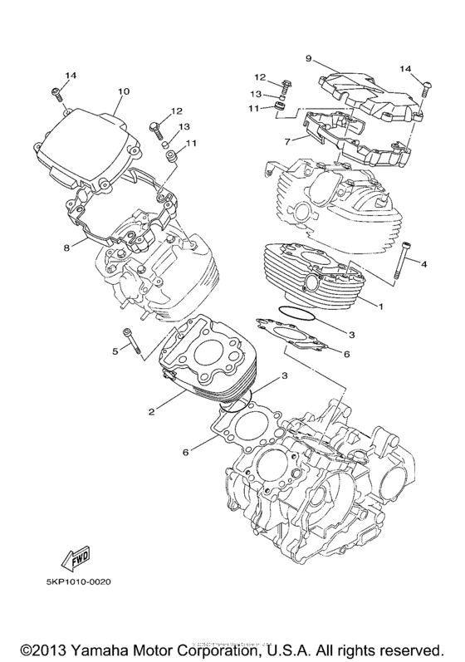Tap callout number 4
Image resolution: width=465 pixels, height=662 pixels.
tap(423, 265)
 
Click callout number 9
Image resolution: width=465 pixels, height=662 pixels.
tap(307, 59)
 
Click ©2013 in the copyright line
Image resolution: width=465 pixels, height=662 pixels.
tap(38, 645)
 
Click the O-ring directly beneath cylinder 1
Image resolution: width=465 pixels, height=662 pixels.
tap(291, 313)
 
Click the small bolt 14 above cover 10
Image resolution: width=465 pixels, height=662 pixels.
tap(56, 93)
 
